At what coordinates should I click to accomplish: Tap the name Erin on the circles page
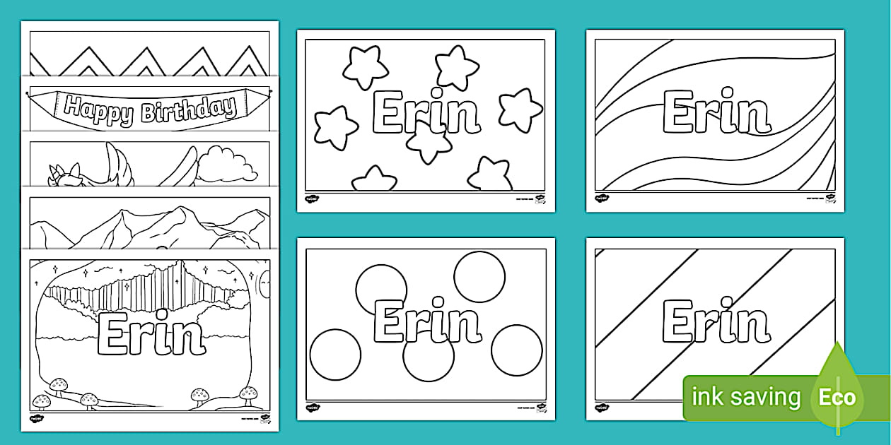pyautogui.click(x=426, y=322)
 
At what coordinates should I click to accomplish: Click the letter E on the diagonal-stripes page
pyautogui.click(x=678, y=322)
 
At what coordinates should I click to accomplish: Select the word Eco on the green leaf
pyautogui.click(x=837, y=396)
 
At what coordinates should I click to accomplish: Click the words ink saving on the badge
pyautogui.click(x=745, y=397)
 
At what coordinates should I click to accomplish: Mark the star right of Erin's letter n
pyautogui.click(x=520, y=110)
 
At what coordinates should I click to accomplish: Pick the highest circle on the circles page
pyautogui.click(x=479, y=276)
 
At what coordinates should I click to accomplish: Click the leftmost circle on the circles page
pyautogui.click(x=335, y=354)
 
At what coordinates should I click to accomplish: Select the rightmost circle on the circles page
pyautogui.click(x=516, y=350)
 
